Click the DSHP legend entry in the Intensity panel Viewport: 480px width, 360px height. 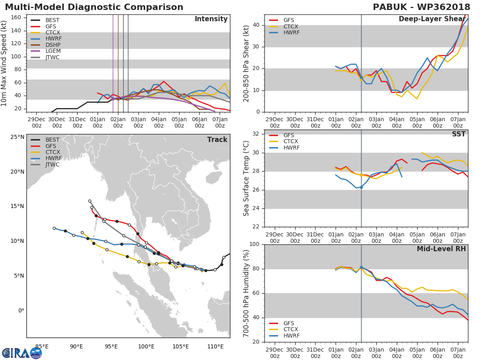[46, 45]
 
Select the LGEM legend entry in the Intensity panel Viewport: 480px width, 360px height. [46, 51]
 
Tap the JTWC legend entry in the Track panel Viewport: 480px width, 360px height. [45, 164]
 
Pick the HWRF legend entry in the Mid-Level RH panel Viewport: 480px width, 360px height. [284, 336]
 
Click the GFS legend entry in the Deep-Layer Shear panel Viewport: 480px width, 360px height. [282, 20]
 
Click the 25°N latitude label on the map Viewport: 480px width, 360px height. [18, 137]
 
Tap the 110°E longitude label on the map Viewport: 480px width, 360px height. [216, 347]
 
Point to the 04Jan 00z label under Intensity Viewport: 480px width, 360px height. [159, 123]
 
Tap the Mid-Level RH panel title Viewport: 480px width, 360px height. [441, 249]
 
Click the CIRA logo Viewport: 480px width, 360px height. [22, 353]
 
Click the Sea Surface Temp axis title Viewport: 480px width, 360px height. [246, 178]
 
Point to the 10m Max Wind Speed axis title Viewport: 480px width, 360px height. [3, 64]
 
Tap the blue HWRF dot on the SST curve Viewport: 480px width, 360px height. [361, 188]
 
